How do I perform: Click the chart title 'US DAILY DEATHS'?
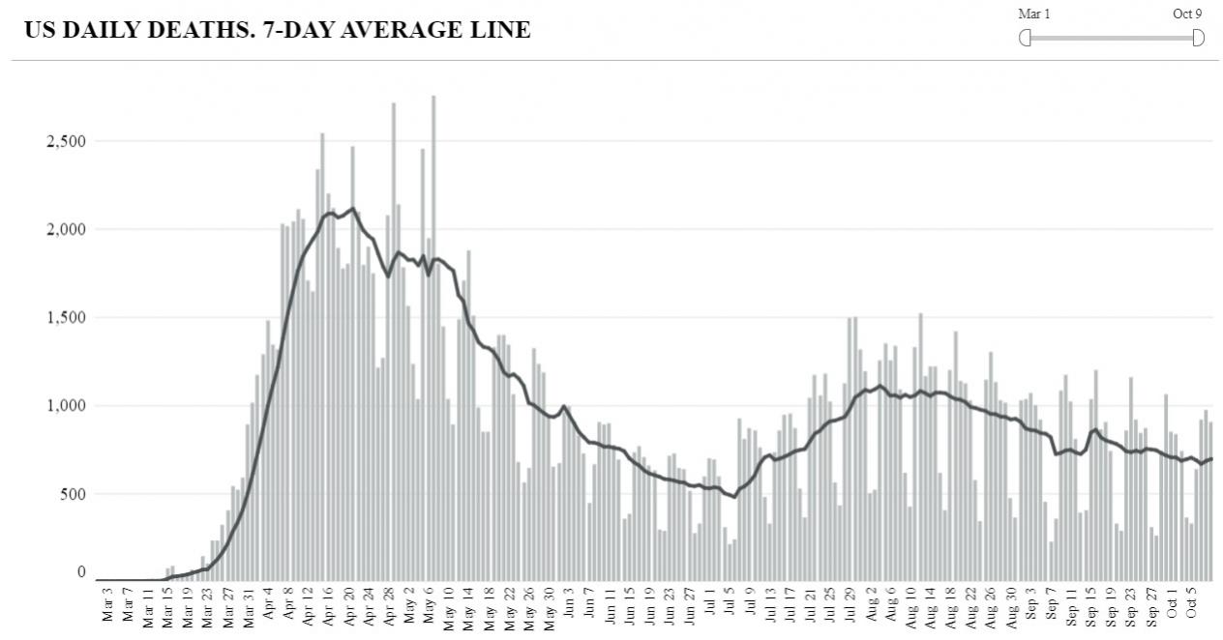pos(135,30)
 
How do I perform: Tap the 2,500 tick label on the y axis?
pos(67,142)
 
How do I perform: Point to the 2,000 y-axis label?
pos(67,230)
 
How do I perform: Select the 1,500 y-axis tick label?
pos(67,318)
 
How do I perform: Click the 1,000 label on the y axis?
pos(67,406)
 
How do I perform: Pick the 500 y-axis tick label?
pos(74,494)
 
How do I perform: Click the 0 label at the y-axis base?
pos(82,573)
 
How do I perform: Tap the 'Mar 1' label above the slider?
pos(1033,15)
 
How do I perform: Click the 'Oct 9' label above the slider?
pos(1188,15)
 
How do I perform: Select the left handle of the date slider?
pos(1026,38)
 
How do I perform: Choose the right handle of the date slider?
pos(1198,38)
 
